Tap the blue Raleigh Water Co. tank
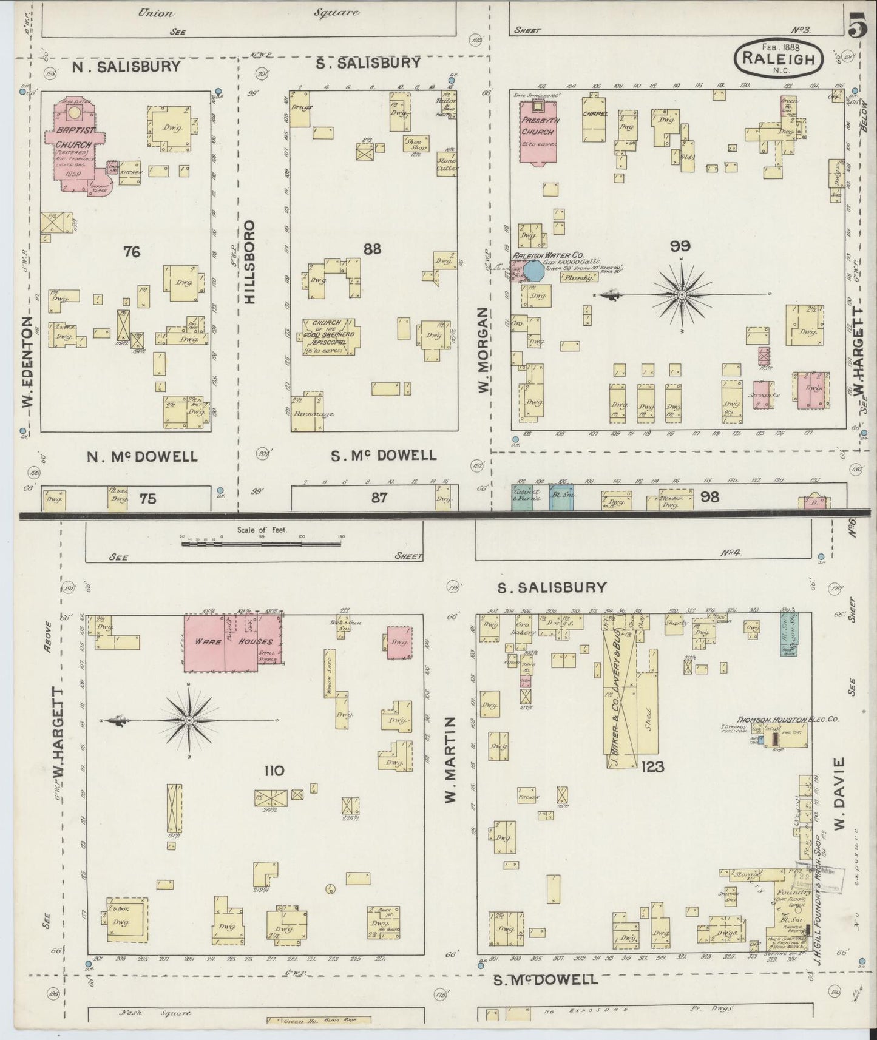click(x=533, y=270)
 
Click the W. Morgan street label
click(x=483, y=350)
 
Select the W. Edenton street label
click(x=27, y=370)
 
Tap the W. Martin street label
click(x=450, y=760)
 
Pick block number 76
click(x=132, y=251)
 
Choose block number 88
click(x=371, y=249)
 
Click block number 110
click(x=274, y=771)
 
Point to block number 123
click(x=651, y=767)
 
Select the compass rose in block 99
click(x=682, y=295)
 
